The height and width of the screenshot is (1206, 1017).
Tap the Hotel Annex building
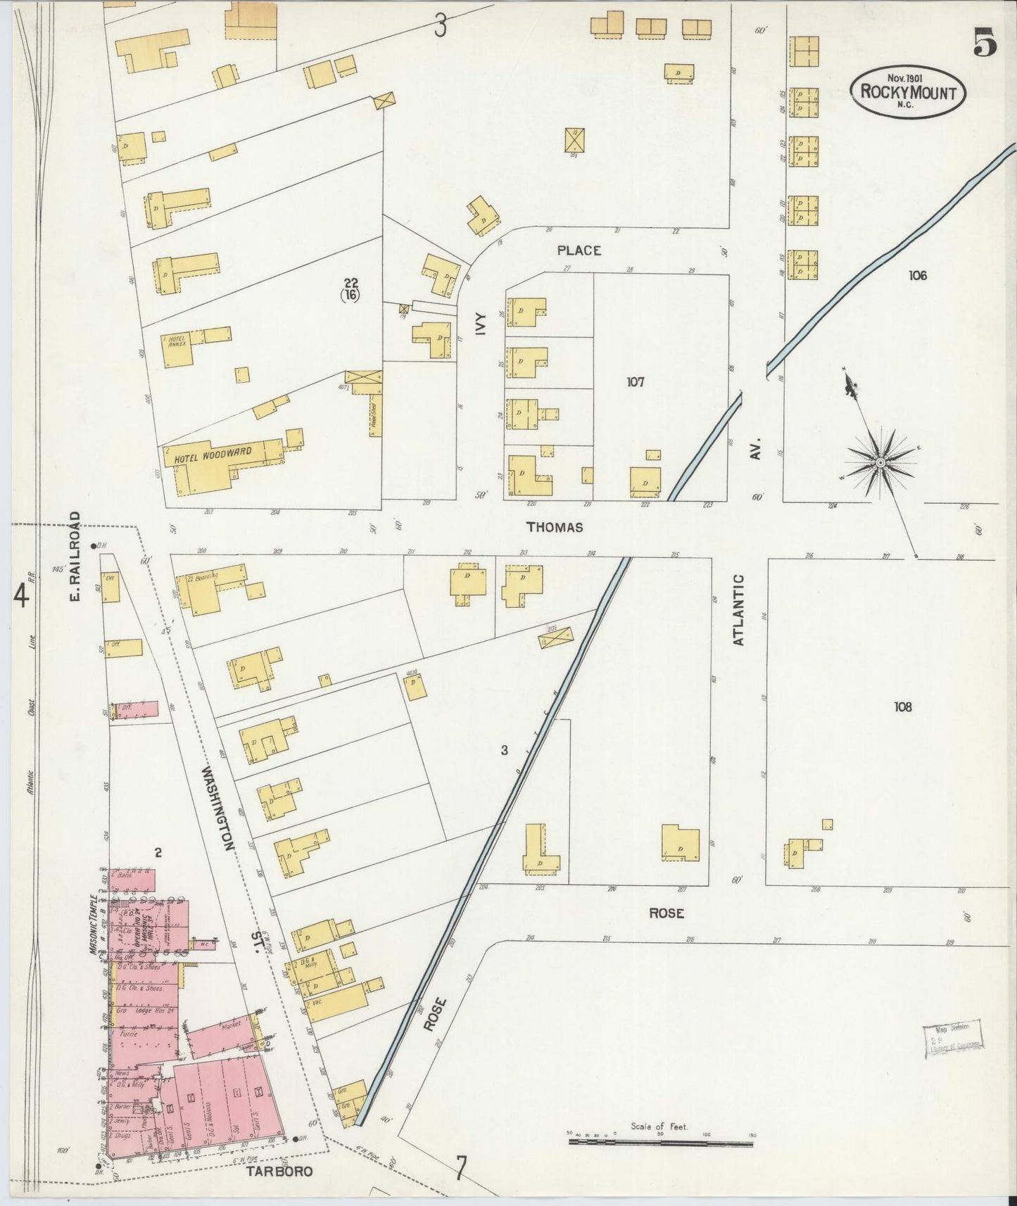coord(177,348)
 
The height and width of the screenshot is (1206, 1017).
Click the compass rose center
coord(880,462)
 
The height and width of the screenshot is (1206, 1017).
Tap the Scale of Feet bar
coord(660,1143)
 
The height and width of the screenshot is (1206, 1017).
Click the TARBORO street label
coord(278,1172)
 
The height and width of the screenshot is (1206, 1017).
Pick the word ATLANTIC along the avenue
coord(738,609)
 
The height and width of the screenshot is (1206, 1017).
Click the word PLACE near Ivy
coord(579,250)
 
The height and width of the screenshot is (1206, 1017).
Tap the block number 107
coord(636,382)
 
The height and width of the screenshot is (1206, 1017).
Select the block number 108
coord(902,706)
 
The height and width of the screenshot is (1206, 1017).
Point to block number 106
coord(917,275)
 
